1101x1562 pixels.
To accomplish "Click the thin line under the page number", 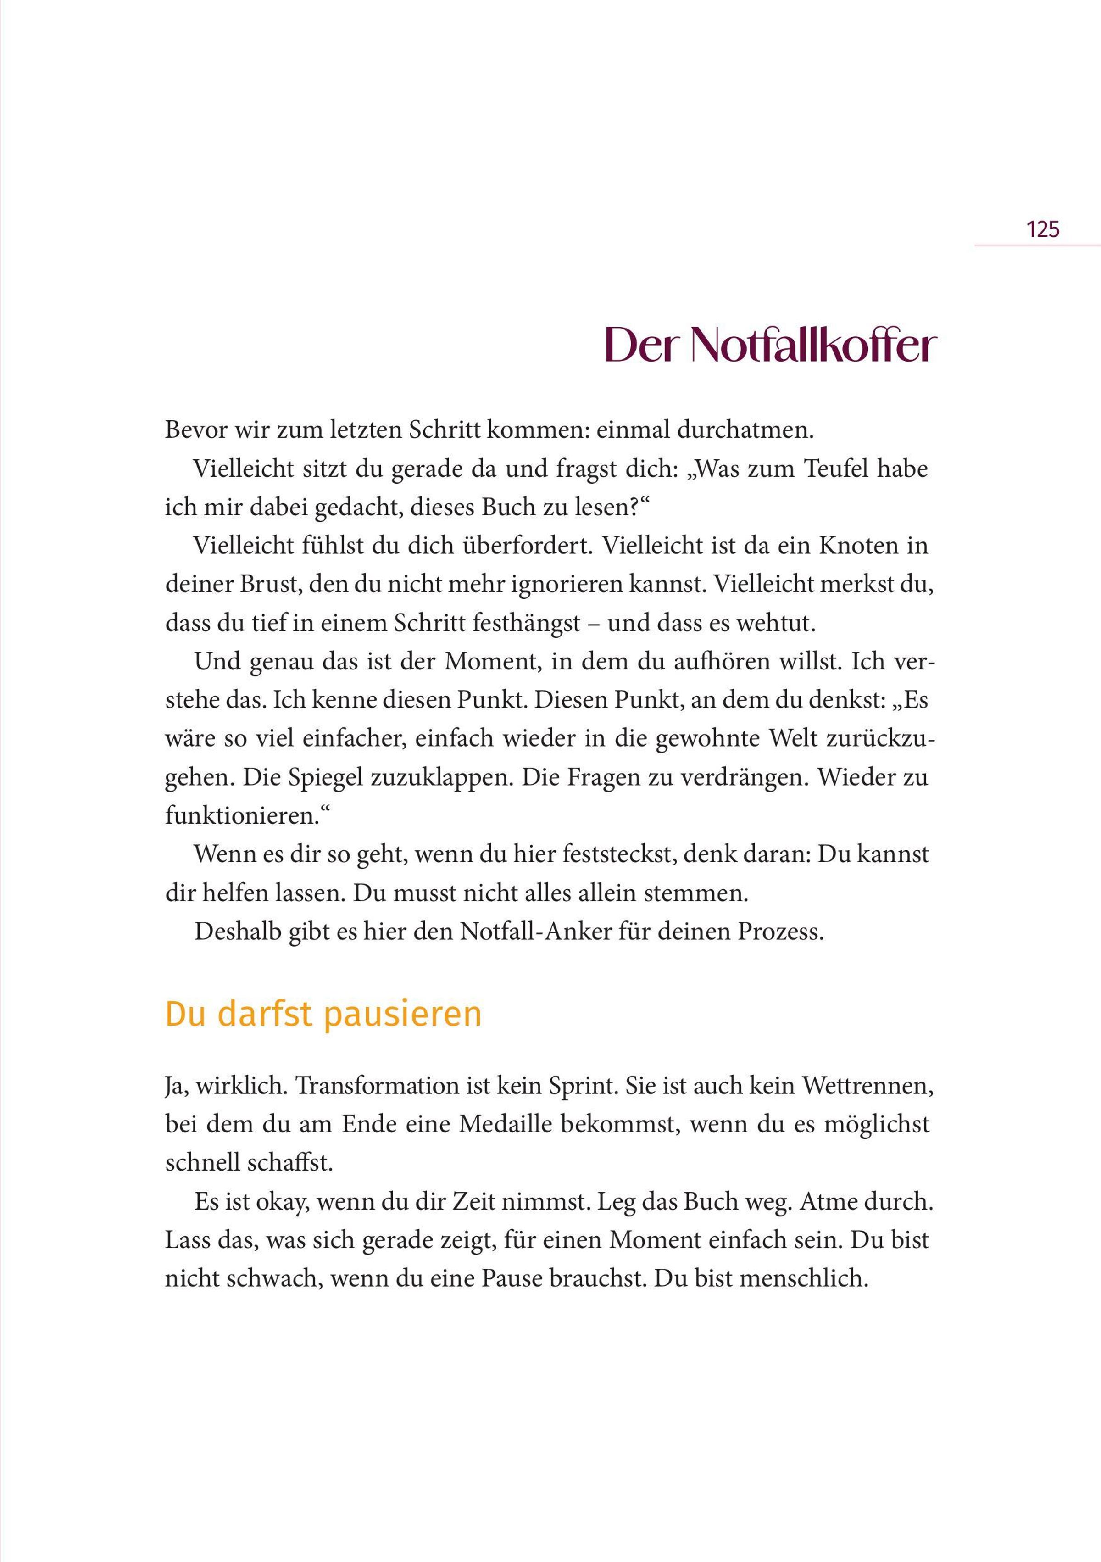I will coord(1037,245).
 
